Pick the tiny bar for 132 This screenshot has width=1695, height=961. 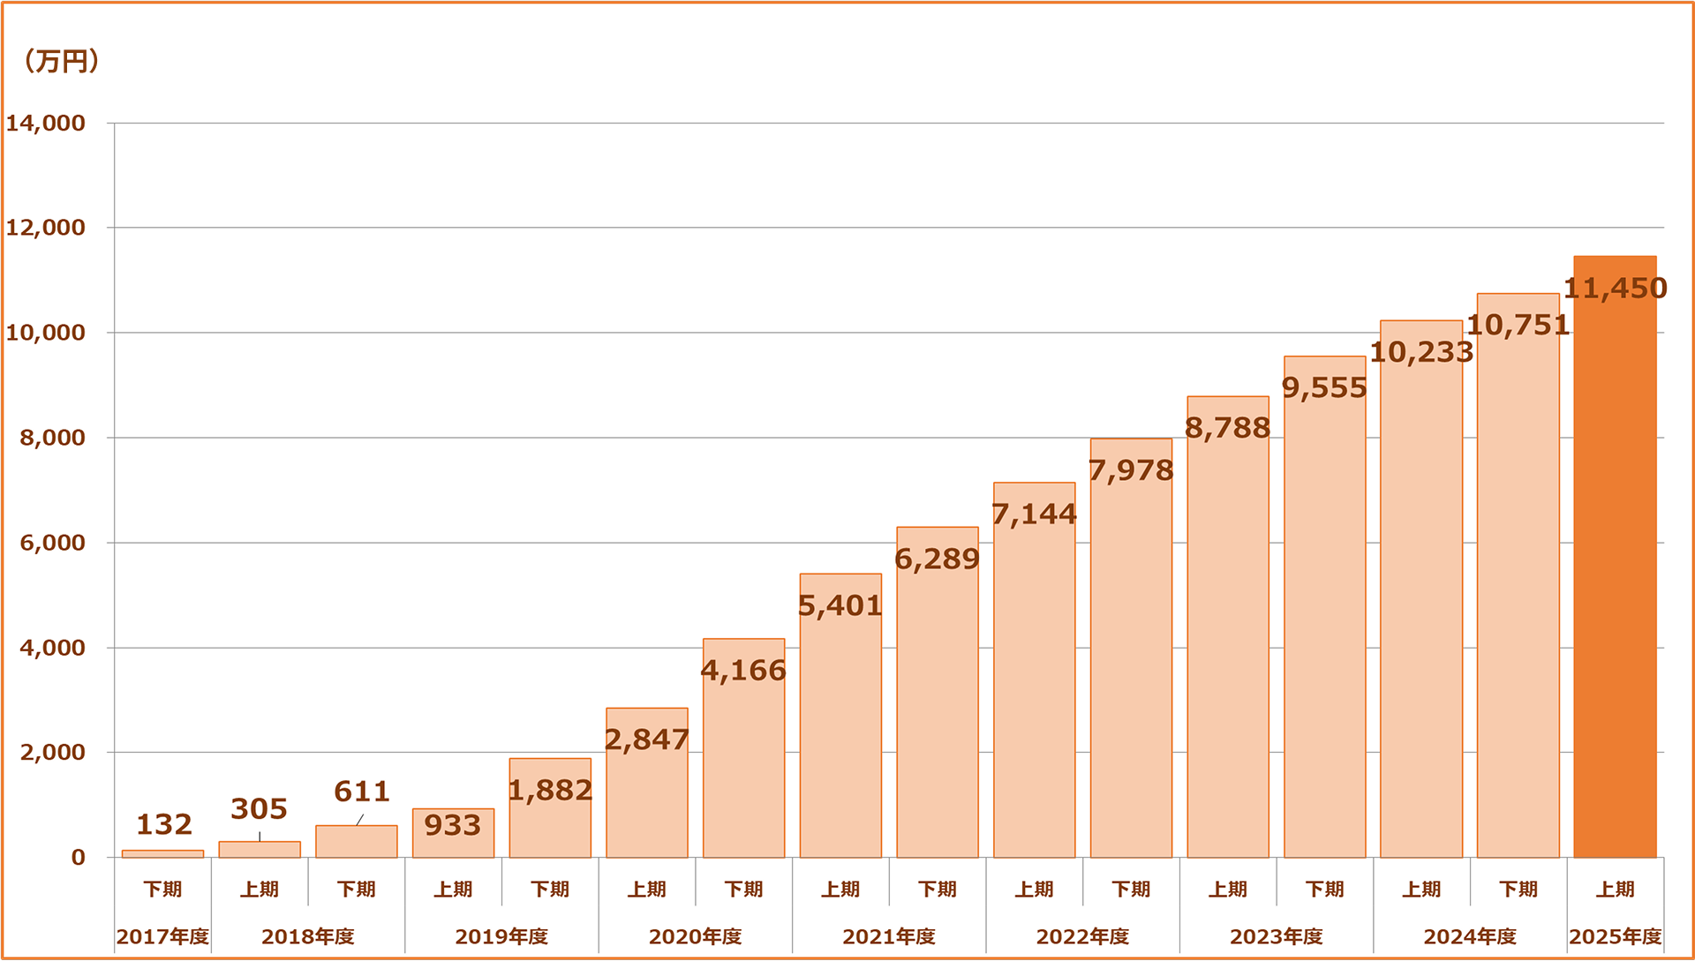coord(162,853)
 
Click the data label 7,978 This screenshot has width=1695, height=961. coord(1131,470)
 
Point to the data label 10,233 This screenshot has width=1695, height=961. coord(1421,352)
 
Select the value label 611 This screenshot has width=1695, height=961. coord(362,791)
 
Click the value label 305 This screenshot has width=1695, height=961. coord(260,808)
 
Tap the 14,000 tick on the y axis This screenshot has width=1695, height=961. coord(46,123)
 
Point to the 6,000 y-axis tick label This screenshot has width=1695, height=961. coord(52,543)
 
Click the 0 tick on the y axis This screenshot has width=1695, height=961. coord(79,857)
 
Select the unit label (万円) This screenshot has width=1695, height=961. coord(61,61)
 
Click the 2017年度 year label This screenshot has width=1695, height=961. coord(162,936)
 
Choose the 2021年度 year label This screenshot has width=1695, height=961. coord(889,936)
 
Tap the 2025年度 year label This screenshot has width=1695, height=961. coord(1615,936)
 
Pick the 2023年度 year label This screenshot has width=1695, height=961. coord(1277,936)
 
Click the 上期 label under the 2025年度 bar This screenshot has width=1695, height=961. coord(1615,889)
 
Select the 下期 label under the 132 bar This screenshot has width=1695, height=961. coord(162,889)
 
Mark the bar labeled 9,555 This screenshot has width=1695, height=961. coord(1324,618)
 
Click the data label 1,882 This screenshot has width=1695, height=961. coord(550,790)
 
